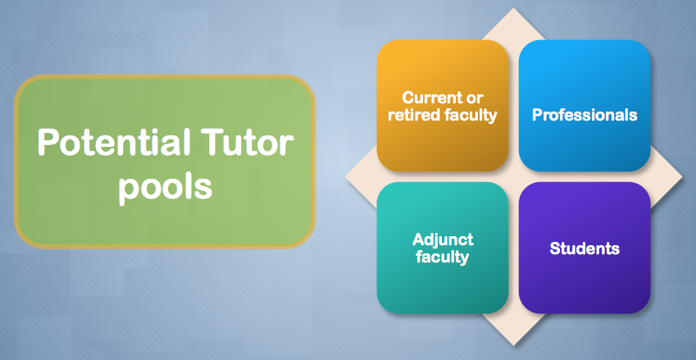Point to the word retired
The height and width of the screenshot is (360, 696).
pos(415,115)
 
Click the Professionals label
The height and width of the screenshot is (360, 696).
pos(585,115)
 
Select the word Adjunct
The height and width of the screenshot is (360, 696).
pos(443,240)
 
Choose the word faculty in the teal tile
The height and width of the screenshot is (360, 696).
pos(443,257)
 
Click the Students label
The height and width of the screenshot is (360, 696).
pos(585,248)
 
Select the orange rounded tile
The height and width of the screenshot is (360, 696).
pos(443,106)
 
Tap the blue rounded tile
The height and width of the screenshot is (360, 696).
pos(585,106)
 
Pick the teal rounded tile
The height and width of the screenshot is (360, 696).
pos(443,248)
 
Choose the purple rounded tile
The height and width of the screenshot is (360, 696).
pos(585,248)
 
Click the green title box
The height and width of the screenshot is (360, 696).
pos(165,162)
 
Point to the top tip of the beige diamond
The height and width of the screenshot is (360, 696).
pos(513,8)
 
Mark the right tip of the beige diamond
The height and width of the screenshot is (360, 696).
pos(683,176)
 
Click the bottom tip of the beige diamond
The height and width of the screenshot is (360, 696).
pos(513,346)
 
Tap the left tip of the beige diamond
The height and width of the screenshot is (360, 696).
pos(345,176)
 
